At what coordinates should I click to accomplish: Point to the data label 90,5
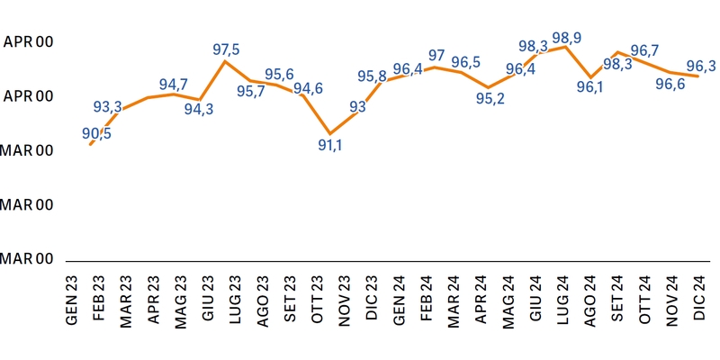point(97,133)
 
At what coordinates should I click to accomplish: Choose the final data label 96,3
point(701,65)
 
